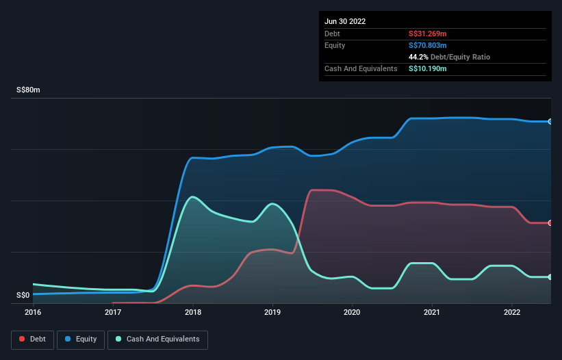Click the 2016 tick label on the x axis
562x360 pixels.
33,312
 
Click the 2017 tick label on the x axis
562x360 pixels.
113,312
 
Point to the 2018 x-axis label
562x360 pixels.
193,312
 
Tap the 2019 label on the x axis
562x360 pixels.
272,312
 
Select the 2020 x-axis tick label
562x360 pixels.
353,312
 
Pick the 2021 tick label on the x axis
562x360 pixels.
432,312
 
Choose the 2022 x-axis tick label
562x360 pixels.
512,312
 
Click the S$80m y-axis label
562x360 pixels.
28,90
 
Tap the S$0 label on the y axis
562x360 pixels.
23,296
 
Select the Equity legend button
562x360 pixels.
81,339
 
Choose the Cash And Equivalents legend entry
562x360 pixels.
157,339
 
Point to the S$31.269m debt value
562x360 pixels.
428,34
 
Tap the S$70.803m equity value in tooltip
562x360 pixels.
428,45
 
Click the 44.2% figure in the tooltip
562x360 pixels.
418,57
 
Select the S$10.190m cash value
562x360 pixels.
428,68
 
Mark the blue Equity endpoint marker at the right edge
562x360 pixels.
550,122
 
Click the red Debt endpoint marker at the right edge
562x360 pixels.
550,223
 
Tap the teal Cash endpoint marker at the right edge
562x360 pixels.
550,277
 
